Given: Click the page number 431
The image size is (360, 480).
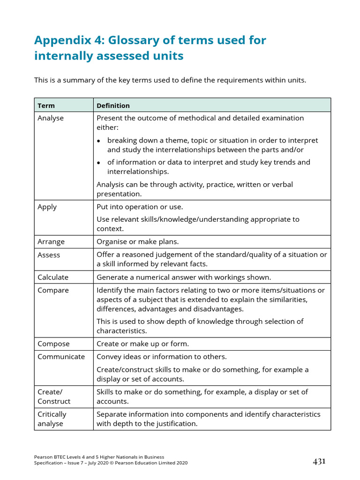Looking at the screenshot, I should tap(319, 462).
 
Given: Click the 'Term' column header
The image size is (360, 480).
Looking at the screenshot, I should tap(46, 105).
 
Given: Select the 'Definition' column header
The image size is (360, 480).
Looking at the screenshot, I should tap(113, 105).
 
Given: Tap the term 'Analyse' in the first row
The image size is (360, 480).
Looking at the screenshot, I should tap(51, 118).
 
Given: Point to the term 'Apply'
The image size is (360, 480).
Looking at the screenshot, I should tap(47, 207).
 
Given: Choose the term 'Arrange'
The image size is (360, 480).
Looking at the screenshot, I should tap(51, 242).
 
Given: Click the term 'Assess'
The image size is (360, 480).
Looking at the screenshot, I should tap(49, 255).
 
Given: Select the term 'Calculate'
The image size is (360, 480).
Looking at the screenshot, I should tap(53, 277).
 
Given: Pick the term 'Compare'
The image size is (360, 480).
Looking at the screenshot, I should tap(53, 290).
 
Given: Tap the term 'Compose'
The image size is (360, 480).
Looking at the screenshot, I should tap(53, 344).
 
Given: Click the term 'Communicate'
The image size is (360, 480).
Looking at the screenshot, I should tap(61, 357).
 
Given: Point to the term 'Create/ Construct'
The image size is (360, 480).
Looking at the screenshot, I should tap(54, 397).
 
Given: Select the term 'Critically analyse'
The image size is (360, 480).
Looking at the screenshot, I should tap(52, 419).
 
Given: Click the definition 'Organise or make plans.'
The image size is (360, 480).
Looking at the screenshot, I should tap(138, 242).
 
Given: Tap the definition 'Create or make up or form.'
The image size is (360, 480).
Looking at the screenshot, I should tap(142, 344).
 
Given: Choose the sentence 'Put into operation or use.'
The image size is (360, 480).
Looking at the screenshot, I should tap(140, 207).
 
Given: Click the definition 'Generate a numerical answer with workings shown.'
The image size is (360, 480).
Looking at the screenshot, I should tap(184, 277).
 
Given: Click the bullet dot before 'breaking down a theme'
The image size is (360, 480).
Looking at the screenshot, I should tap(99, 141).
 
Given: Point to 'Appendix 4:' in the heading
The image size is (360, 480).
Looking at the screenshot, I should tap(69, 40).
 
